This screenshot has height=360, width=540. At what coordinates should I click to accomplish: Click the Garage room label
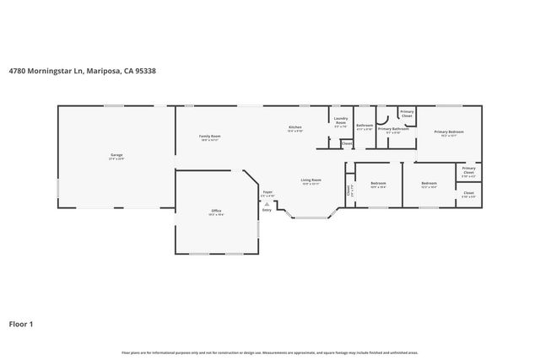coord(116,156)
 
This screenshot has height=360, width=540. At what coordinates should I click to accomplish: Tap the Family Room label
coord(210,137)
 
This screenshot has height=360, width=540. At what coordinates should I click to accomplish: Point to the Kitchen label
coord(294,128)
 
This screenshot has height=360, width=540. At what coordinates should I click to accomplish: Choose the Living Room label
coord(311,180)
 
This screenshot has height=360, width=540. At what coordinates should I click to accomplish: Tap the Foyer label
coord(267,193)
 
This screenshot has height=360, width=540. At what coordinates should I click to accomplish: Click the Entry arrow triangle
coord(267,204)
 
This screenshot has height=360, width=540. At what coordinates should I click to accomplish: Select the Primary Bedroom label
coord(450,133)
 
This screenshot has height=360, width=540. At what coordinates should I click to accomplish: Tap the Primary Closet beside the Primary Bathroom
coord(407,113)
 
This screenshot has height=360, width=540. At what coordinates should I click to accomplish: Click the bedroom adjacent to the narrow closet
coord(378,185)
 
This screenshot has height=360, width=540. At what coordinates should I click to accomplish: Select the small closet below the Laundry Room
coord(347,144)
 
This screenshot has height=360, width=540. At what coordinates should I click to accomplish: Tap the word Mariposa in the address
coord(106,71)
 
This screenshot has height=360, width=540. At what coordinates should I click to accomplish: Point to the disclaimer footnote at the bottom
coord(269,352)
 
